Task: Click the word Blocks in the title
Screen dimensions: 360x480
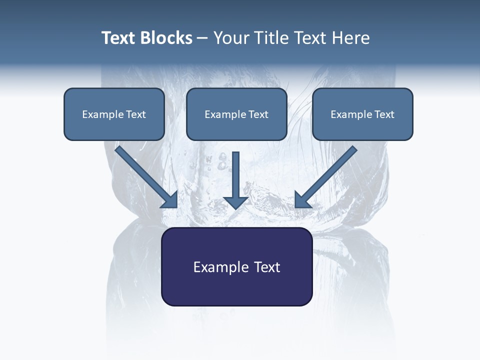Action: [165, 38]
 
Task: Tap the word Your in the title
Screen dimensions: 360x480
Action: [231, 38]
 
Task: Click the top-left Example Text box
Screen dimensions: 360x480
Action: [114, 114]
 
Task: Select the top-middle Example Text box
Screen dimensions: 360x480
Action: [236, 114]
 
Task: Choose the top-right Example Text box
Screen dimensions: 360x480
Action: [362, 114]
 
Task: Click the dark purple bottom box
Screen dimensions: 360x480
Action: [236, 267]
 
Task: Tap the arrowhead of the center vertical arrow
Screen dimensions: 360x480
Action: [235, 201]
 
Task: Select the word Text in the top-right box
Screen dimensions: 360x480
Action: [384, 114]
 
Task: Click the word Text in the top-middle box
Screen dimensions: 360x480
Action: [258, 114]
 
